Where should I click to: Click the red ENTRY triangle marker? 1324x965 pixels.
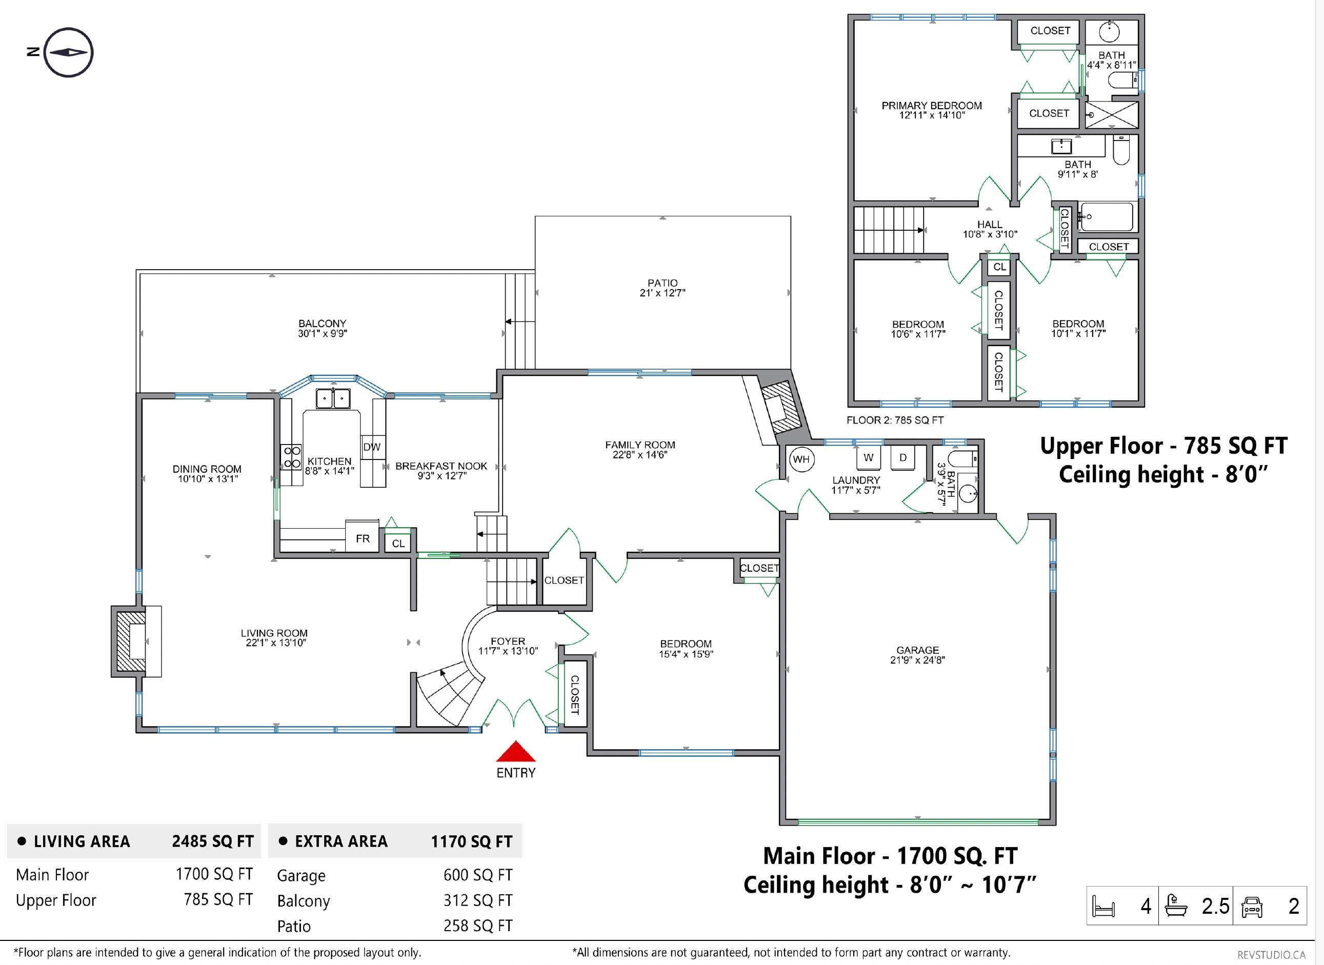click(516, 752)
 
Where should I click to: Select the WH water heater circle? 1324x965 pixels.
click(801, 459)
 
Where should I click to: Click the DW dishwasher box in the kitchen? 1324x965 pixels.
click(372, 447)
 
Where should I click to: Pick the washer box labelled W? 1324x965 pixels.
click(869, 457)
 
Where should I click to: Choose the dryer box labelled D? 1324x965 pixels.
click(903, 457)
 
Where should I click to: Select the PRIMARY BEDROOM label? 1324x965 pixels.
click(932, 106)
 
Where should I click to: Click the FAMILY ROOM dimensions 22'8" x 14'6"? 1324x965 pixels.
click(640, 454)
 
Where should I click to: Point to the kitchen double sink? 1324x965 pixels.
click(333, 398)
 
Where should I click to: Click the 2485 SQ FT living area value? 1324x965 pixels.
click(213, 841)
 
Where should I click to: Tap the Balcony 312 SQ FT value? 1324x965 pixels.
click(478, 900)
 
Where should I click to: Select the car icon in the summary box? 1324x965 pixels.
click(1252, 907)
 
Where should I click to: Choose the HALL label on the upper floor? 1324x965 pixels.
click(990, 224)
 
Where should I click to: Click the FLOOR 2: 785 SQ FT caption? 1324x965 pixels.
click(895, 420)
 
